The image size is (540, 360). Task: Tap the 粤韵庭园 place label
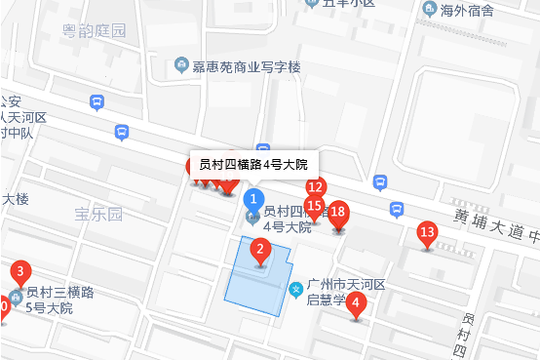coord(93,31)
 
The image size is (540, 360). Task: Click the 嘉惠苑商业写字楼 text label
coord(249,66)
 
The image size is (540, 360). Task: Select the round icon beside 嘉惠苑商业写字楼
coord(180,65)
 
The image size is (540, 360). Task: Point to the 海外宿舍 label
coord(467,11)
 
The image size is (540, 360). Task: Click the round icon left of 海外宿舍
coord(430,11)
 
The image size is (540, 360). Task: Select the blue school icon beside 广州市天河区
coord(296,289)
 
